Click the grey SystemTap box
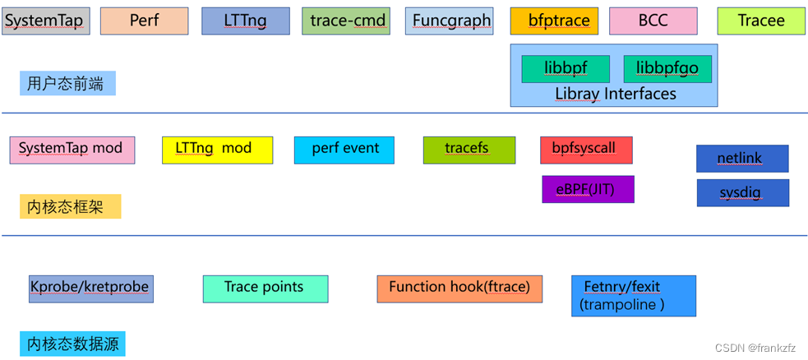pos(44,21)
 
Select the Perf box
pos(144,21)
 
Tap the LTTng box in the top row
pos(245,21)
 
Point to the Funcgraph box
pos(451,21)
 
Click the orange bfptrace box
pos(553,21)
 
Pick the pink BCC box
pos(653,21)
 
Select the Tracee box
pos(761,21)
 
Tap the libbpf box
pos(566,68)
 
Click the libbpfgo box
pos(667,68)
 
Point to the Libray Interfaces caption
pos(615,94)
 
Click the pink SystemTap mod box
pos(72,150)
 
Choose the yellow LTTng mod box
pos(217,150)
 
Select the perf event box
pos(344,150)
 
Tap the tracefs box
pos(469,150)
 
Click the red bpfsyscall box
pos(586,150)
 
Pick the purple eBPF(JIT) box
pos(588,189)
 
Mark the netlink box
pos(742,158)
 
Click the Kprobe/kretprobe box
pos(90,288)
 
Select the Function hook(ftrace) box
pos(459,288)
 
